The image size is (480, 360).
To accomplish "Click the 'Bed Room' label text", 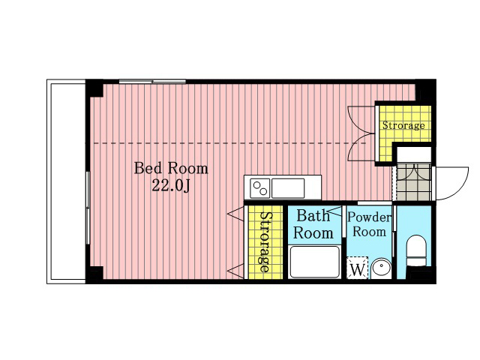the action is [x=171, y=168].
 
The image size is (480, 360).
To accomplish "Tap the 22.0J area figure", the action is [x=171, y=185].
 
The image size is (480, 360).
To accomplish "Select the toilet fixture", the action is [x=416, y=250].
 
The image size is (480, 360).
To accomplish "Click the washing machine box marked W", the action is [x=357, y=268].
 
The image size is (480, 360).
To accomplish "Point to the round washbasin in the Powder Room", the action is [x=381, y=268].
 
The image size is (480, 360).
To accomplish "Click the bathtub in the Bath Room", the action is [x=315, y=262].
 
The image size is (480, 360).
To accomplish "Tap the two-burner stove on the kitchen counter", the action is [x=260, y=188].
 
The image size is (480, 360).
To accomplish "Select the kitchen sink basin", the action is [x=288, y=188].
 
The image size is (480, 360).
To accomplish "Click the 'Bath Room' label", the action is [x=313, y=224].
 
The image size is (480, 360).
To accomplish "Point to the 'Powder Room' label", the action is [x=369, y=224].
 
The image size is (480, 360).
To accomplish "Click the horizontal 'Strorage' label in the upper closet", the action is [x=403, y=125].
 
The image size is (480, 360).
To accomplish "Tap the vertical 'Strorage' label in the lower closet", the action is [x=265, y=241].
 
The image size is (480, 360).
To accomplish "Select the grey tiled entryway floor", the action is [x=414, y=182].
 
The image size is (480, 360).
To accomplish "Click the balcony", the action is [x=66, y=181].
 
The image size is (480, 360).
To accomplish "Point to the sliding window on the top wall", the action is [x=152, y=82].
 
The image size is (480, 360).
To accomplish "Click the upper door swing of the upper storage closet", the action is [x=361, y=120].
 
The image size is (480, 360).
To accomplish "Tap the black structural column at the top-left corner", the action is [x=94, y=88].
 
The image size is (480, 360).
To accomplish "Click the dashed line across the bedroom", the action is [x=229, y=143].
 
